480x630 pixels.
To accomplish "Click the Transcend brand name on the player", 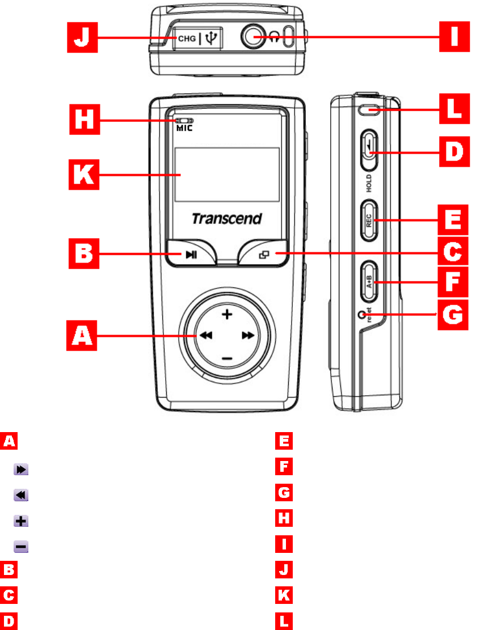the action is point(226,218).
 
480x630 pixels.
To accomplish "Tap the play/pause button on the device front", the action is point(191,255).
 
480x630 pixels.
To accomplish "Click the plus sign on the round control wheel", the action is point(226,315).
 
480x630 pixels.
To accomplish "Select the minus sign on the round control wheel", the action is point(226,358).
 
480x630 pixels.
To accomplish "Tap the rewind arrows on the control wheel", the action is point(205,336).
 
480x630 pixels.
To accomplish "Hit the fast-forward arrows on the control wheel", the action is point(248,336).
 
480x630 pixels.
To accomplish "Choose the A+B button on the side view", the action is point(368,282).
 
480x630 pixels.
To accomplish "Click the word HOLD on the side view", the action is point(368,183).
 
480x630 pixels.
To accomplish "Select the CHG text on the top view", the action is point(187,39).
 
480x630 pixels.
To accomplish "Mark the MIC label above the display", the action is point(184,128).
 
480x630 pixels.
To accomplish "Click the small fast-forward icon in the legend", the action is point(21,470).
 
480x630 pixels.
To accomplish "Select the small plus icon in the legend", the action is point(21,521).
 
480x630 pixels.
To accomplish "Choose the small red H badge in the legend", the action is point(284,521).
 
